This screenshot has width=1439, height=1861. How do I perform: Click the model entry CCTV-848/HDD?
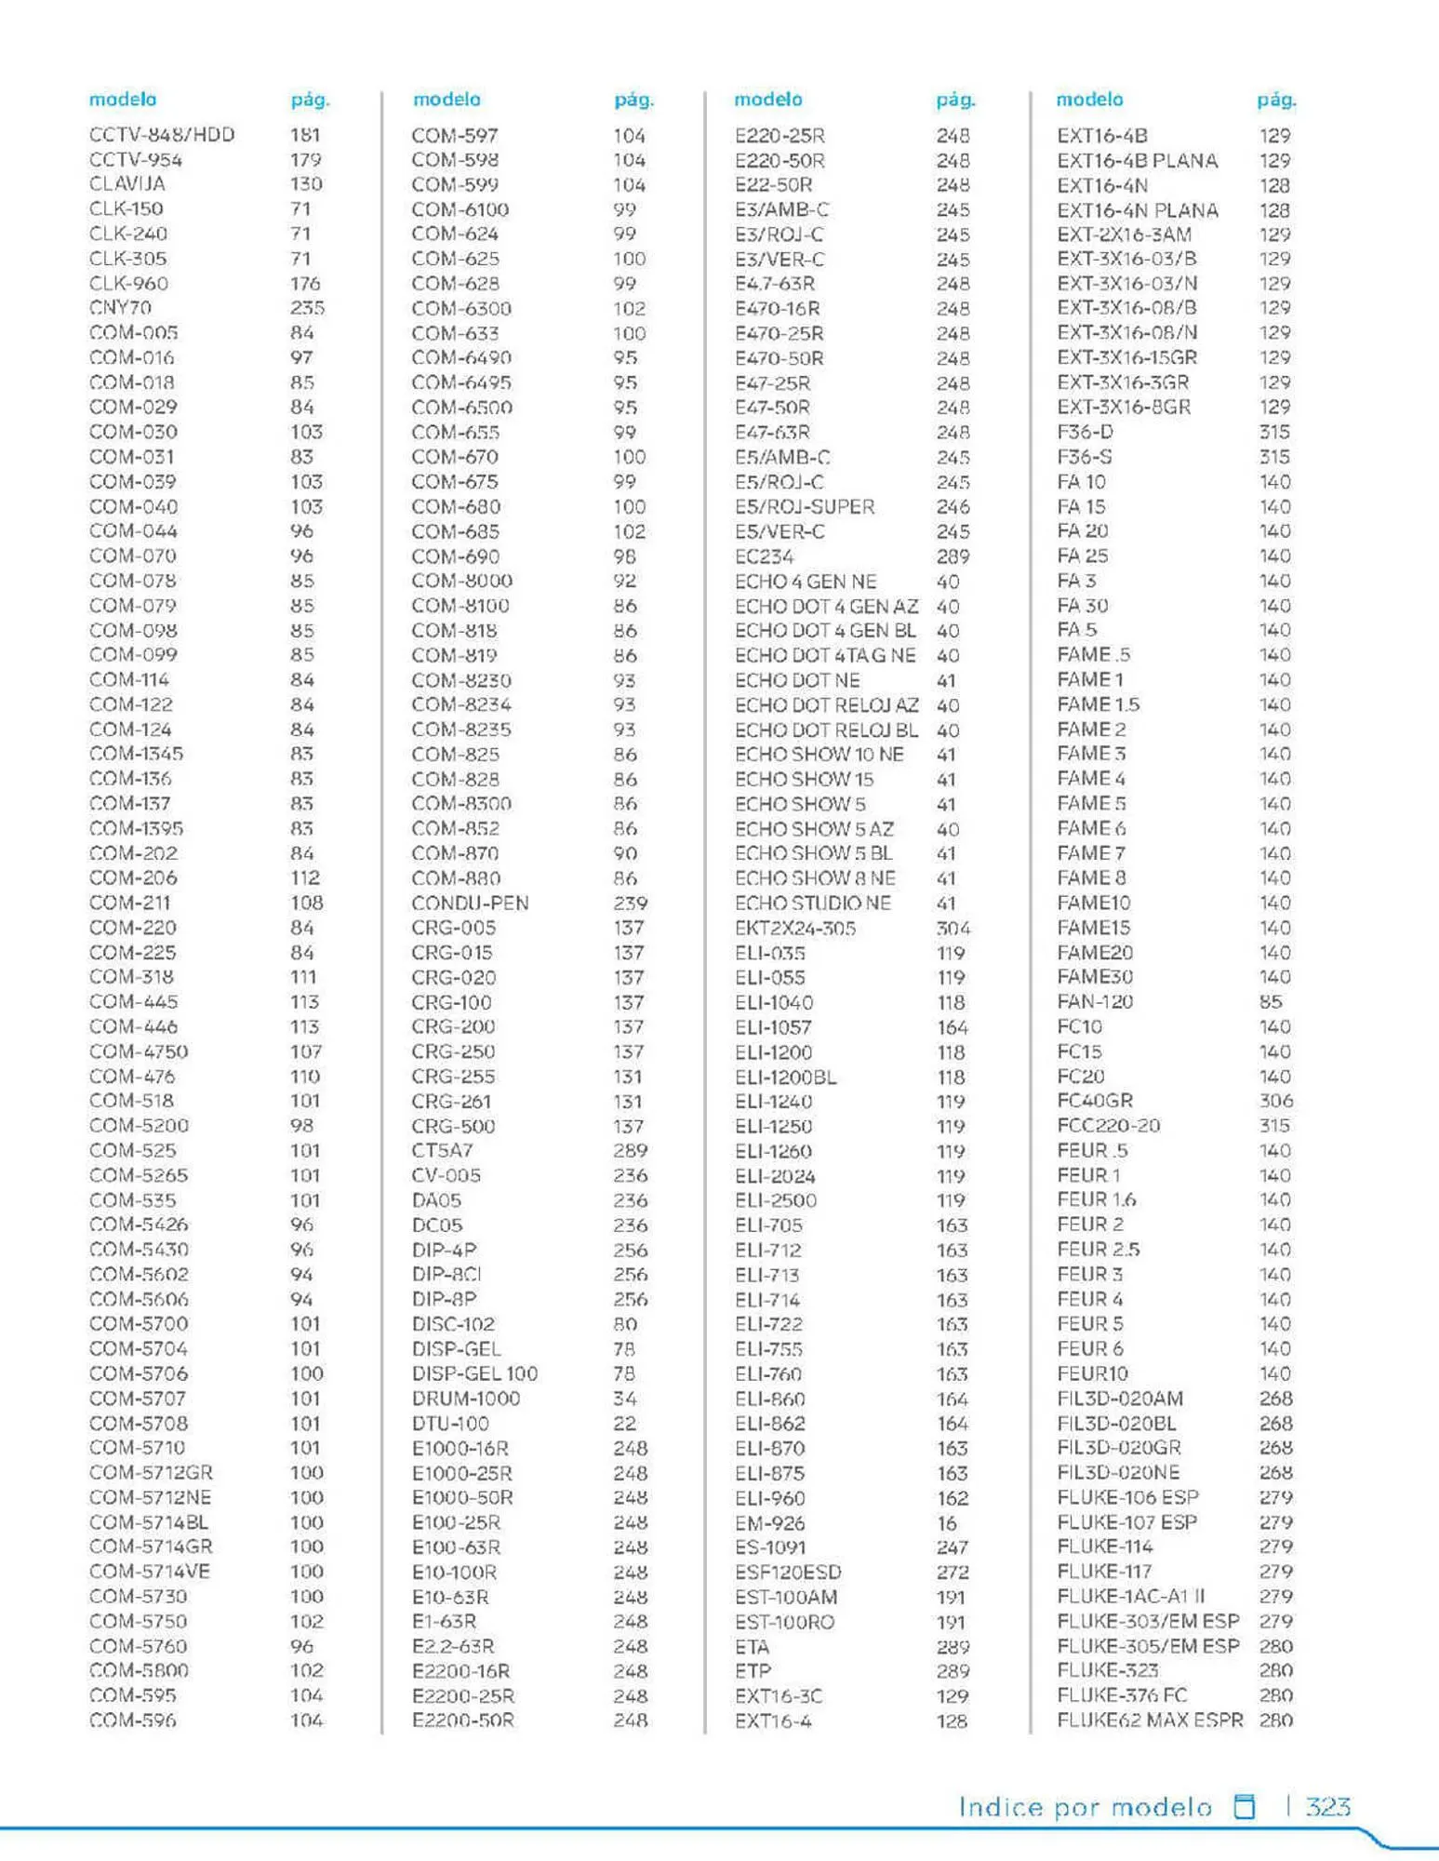coord(162,135)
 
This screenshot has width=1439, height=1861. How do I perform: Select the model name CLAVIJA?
coord(127,184)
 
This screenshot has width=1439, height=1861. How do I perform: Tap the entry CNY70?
coord(120,308)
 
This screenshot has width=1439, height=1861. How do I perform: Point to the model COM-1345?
coord(137,754)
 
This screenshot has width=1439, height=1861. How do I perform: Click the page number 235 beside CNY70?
coord(307,308)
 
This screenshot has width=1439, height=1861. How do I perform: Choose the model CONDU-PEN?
coord(470,903)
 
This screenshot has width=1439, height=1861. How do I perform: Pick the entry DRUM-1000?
coord(466,1399)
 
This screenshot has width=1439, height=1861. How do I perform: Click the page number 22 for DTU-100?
coord(625,1424)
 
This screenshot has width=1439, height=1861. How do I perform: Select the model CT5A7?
coord(443,1151)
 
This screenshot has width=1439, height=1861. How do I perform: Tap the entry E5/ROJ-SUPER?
coord(805,507)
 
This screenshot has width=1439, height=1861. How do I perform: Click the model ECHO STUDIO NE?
coord(813,903)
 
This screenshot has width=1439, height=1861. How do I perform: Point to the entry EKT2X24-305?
coord(795,928)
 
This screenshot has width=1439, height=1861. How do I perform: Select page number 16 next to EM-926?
coord(947,1523)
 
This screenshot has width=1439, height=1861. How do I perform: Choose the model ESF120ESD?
coord(788,1573)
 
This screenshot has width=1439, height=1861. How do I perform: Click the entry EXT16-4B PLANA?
coord(1138,160)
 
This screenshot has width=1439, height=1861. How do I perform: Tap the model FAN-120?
coord(1095,1002)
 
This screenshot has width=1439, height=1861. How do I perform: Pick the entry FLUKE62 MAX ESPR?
coord(1150,1720)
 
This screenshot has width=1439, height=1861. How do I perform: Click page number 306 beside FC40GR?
coord(1275,1101)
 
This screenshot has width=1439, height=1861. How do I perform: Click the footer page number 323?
coord(1328,1806)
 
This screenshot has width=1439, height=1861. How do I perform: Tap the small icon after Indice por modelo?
coord(1244,1806)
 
